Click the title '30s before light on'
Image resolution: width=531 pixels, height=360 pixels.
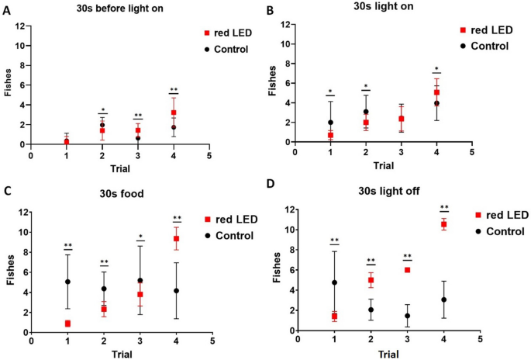tap(106, 9)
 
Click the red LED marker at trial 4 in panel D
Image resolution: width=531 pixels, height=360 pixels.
tap(444, 224)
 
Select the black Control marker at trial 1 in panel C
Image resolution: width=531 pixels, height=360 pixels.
tap(67, 282)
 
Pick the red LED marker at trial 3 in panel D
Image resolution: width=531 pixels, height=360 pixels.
tap(407, 270)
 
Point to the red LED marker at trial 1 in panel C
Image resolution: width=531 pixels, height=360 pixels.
tap(67, 324)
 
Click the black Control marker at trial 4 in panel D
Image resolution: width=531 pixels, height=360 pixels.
tap(444, 299)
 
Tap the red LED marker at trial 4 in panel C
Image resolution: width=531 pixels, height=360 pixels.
tap(176, 238)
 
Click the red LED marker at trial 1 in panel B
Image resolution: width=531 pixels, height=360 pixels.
tap(330, 135)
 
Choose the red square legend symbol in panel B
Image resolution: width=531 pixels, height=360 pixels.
tap(463, 29)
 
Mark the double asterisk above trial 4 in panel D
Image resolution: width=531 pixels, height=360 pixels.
tap(444, 207)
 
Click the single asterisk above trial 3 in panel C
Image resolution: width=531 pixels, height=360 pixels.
tap(140, 236)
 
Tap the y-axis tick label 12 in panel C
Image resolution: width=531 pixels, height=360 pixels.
tap(23, 212)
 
